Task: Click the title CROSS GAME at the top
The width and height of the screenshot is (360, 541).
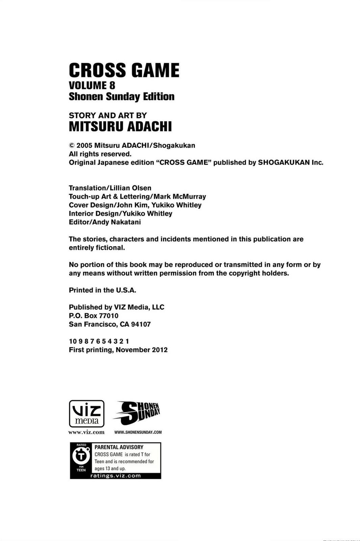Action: pos(124,70)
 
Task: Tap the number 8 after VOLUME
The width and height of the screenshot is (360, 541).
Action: pos(112,85)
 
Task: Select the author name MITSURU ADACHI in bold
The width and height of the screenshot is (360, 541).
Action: pos(120,126)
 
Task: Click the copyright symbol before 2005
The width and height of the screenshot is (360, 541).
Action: pos(72,145)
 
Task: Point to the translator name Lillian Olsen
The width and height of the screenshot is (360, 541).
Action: pos(130,188)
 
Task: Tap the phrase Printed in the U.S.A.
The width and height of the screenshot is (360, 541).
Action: pos(102,290)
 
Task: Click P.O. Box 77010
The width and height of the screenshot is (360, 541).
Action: pos(94,316)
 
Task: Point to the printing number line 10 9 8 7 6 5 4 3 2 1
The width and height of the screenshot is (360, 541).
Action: pos(99,341)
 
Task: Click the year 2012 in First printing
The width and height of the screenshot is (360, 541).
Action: pos(160,350)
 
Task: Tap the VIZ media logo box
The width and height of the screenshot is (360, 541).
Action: pos(87,414)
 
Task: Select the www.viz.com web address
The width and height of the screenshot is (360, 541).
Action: pos(87,432)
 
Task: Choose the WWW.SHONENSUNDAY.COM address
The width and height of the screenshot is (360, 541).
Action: pos(138,432)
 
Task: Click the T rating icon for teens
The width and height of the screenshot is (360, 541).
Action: pos(81,457)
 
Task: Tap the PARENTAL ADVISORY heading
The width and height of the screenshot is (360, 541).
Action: pos(119,447)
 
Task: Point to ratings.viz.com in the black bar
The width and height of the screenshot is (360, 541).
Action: pos(116,476)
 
